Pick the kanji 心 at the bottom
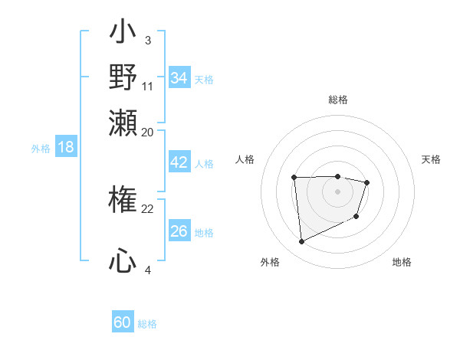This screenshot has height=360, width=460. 123,262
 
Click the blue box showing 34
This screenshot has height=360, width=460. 179,78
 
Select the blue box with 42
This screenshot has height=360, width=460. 179,162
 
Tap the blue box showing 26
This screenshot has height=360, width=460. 179,231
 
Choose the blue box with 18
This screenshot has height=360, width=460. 66,148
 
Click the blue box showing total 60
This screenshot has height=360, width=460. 123,322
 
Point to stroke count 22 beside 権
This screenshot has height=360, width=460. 148,208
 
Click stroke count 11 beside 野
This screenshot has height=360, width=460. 148,85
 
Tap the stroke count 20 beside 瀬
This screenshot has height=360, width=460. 148,131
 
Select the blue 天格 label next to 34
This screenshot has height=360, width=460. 203,79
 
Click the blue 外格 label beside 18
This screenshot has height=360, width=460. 41,149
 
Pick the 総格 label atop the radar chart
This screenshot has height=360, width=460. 337,100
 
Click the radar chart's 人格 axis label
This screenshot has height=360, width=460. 245,159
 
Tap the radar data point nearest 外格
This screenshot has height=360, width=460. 301,242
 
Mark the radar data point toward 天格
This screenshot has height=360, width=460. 367,182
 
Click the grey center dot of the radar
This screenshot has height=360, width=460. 337,191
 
